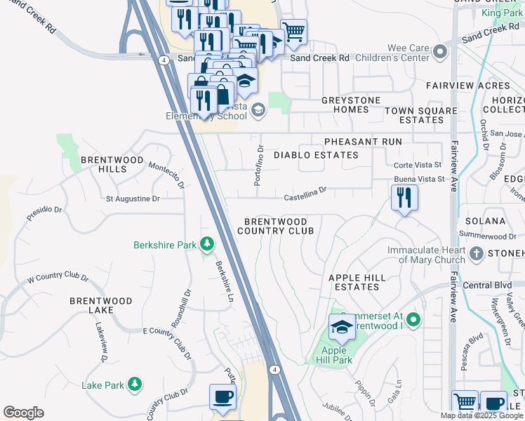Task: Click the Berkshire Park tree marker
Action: click(x=206, y=244)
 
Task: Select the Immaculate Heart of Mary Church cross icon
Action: click(x=477, y=253)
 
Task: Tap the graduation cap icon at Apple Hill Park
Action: click(x=342, y=327)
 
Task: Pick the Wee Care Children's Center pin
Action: click(x=440, y=52)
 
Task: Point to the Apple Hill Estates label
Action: click(x=357, y=282)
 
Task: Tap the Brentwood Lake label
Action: click(x=100, y=305)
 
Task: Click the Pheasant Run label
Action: click(x=363, y=142)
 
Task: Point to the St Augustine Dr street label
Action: click(x=133, y=199)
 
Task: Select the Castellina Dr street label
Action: click(x=305, y=193)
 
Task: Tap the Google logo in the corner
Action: click(x=23, y=413)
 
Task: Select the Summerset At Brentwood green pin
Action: click(x=413, y=321)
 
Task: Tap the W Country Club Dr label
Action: click(x=58, y=278)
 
